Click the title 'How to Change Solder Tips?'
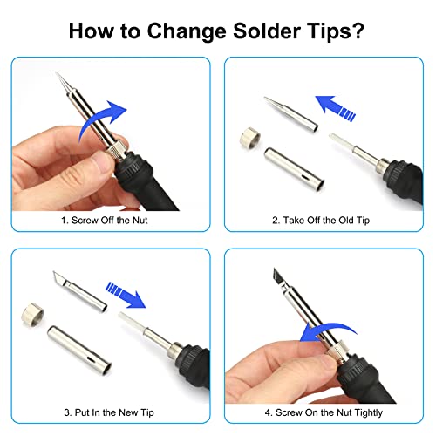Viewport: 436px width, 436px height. click(217, 32)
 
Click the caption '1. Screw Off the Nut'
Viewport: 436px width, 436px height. click(111, 221)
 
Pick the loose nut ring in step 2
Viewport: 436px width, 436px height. click(249, 138)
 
